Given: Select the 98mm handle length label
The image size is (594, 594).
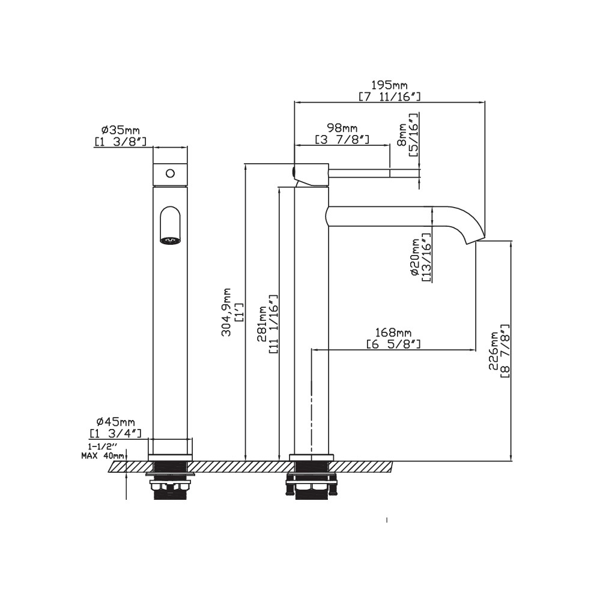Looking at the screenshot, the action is [x=342, y=128].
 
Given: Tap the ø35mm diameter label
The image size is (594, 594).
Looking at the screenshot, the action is [x=120, y=130].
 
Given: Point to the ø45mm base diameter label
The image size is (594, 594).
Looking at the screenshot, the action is [x=116, y=421].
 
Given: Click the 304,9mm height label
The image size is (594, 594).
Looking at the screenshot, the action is [x=226, y=312].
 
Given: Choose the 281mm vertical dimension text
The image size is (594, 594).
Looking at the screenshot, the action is [x=262, y=324].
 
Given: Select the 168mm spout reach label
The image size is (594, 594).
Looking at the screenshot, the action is [x=393, y=332].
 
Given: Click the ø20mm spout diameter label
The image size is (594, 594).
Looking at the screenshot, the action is [x=416, y=257].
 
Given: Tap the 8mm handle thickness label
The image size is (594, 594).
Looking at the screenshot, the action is [x=402, y=134].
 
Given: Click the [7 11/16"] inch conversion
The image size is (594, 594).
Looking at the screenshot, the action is [x=390, y=97].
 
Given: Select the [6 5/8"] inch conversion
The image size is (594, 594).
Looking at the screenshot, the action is [x=393, y=344].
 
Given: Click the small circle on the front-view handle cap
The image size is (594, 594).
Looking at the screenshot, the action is [x=171, y=173].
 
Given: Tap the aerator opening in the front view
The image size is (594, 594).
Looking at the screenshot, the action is [x=171, y=240].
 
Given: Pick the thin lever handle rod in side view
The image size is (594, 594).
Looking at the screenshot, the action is [x=359, y=173].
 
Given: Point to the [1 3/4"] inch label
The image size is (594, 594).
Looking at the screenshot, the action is [x=116, y=433].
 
